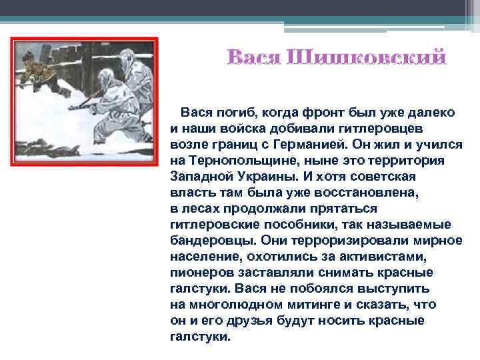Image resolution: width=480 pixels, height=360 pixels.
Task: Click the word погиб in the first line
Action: click(233, 113)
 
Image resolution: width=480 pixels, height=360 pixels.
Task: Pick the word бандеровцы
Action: click(213, 241)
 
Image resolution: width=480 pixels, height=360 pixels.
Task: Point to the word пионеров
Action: click(202, 273)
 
